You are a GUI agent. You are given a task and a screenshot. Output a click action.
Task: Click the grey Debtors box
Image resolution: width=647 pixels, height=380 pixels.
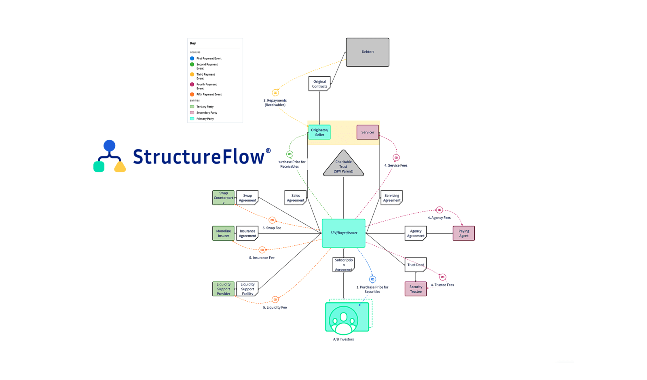[367, 52]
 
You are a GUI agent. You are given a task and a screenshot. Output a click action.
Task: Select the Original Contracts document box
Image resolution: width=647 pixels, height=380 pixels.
[319, 84]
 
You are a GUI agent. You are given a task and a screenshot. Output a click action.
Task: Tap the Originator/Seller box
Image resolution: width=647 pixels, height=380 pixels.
[319, 132]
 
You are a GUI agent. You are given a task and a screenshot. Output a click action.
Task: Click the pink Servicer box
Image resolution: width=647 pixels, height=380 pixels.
[367, 132]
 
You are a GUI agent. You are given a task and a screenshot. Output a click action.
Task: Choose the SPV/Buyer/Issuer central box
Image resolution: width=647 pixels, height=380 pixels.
[343, 233]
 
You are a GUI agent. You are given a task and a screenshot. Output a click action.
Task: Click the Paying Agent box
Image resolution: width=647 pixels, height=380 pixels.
[463, 233]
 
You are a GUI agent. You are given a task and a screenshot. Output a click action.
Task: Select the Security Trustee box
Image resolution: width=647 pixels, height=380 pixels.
[415, 289]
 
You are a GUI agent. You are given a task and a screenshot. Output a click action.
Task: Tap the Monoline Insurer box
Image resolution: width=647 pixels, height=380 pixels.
[223, 233]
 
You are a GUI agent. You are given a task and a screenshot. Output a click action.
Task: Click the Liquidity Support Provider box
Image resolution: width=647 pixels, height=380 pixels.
[223, 289]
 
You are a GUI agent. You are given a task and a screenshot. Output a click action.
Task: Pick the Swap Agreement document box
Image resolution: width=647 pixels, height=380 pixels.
[247, 198]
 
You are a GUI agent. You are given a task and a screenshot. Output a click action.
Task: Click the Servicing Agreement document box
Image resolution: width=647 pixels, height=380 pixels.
[391, 198]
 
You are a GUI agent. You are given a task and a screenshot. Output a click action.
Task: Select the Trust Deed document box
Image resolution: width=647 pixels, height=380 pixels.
[415, 265]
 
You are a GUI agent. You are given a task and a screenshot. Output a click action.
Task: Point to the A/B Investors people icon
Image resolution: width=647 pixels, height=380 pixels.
[343, 319]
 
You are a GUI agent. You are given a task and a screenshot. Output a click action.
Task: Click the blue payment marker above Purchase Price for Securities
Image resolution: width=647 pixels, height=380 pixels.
[372, 279]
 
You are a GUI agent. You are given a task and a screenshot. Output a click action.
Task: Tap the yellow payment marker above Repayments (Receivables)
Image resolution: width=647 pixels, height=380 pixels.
[275, 93]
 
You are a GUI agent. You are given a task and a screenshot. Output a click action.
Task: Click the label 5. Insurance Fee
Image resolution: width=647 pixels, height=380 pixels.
[262, 258]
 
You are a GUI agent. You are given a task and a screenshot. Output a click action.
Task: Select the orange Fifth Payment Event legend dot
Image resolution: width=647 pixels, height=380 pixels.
[192, 95]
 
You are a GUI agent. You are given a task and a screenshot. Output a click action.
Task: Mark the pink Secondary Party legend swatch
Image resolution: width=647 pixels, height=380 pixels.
[192, 113]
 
